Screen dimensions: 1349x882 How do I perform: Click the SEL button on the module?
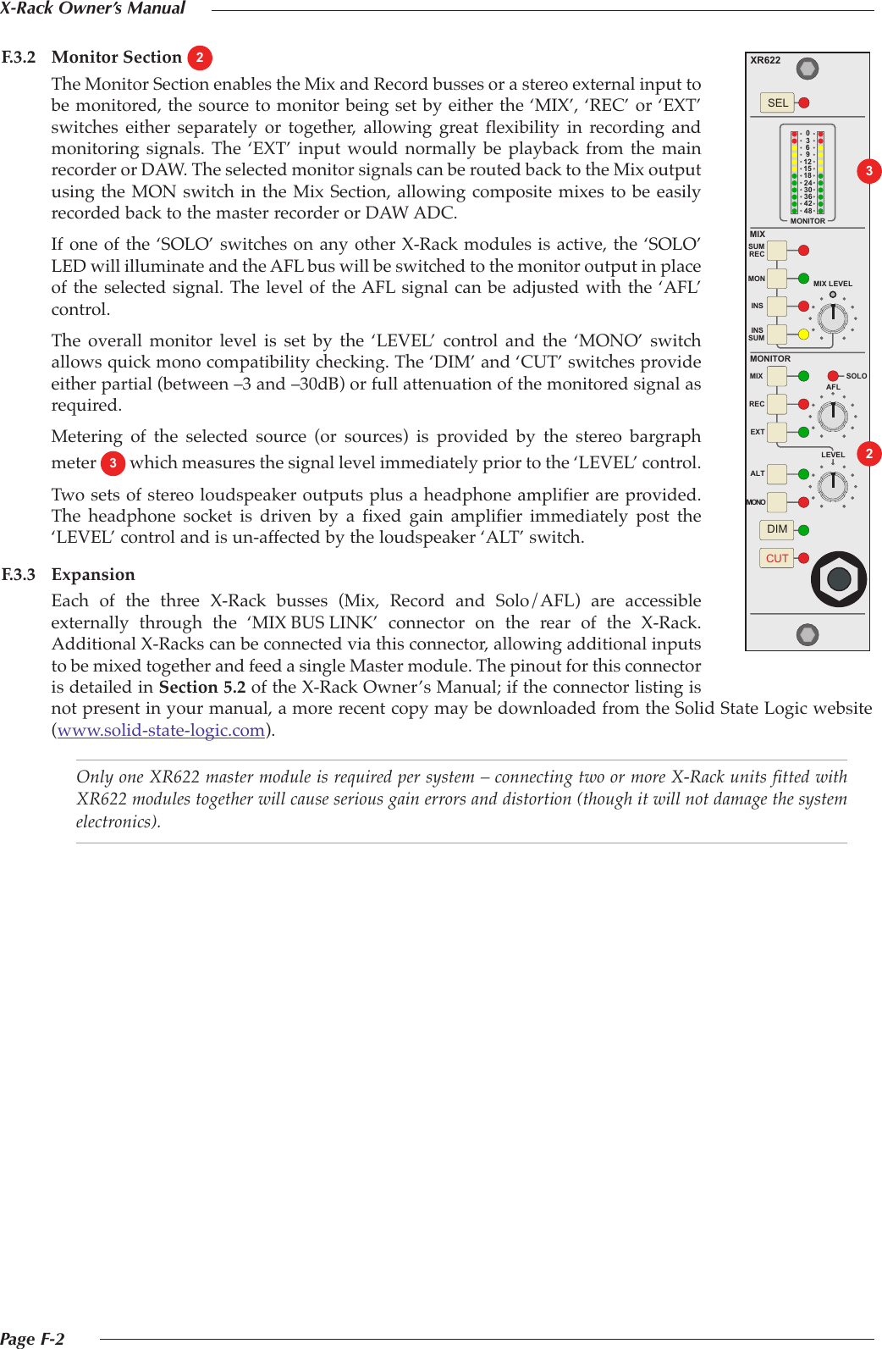[x=777, y=103]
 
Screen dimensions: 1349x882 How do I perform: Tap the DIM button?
[x=776, y=529]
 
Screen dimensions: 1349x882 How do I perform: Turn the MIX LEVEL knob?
[x=833, y=318]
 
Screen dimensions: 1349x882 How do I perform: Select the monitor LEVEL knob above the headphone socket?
[x=833, y=484]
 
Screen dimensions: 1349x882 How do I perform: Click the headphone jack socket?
[x=838, y=579]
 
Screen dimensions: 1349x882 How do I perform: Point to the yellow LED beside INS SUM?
[x=803, y=334]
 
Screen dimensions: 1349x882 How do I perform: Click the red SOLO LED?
[x=833, y=376]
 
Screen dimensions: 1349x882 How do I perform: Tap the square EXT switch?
[x=776, y=432]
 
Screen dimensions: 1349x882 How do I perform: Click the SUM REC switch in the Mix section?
[x=776, y=251]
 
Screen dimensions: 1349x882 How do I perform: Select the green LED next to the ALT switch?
[x=803, y=474]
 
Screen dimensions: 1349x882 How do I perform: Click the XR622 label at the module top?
[x=765, y=61]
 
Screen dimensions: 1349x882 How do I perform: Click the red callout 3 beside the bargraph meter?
[x=868, y=171]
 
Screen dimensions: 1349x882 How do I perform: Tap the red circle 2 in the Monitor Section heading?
[x=200, y=58]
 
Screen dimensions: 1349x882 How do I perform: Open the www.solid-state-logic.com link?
[x=161, y=730]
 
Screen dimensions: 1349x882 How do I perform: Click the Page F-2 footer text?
[x=32, y=1339]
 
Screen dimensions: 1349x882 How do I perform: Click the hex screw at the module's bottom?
[x=808, y=633]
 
